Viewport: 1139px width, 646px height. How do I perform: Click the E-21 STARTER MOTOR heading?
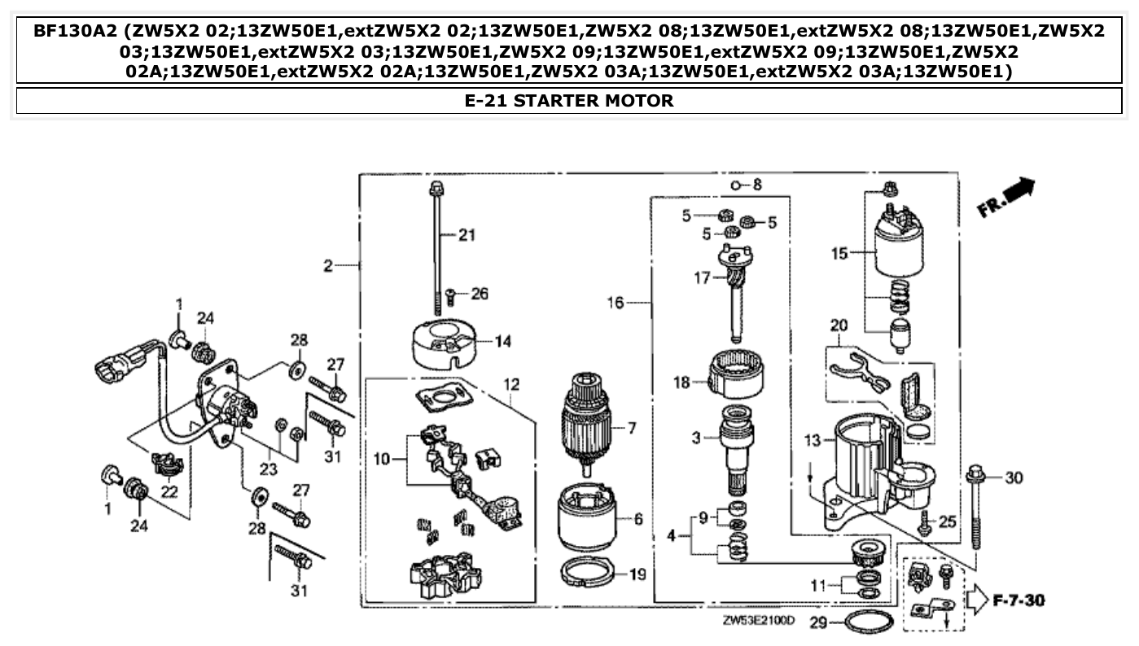(569, 101)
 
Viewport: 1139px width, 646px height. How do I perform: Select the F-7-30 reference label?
(1019, 601)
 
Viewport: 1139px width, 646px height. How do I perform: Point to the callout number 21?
(465, 236)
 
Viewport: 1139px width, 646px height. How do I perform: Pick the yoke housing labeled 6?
(586, 519)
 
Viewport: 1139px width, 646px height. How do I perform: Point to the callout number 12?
(510, 383)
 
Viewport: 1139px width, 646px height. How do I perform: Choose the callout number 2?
(327, 265)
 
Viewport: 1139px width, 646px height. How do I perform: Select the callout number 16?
(615, 303)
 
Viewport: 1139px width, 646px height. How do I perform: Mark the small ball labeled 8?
(734, 186)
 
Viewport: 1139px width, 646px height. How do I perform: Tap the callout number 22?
(169, 491)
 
